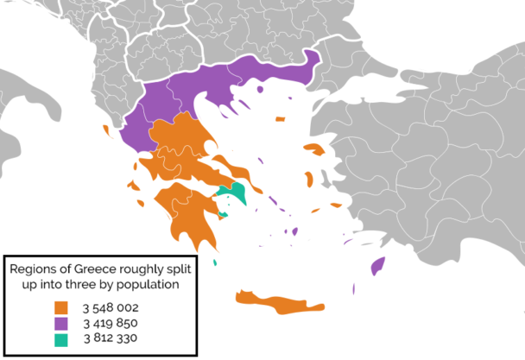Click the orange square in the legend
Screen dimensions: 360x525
click(60, 307)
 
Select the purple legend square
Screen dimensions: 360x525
click(60, 323)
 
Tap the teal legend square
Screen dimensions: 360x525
click(60, 338)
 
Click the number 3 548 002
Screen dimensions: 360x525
click(110, 307)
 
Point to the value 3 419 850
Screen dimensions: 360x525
click(110, 323)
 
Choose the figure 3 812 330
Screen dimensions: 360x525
click(110, 338)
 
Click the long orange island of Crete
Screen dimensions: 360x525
click(276, 303)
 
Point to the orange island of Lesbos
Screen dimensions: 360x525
click(315, 150)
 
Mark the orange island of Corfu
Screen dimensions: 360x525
click(106, 131)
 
